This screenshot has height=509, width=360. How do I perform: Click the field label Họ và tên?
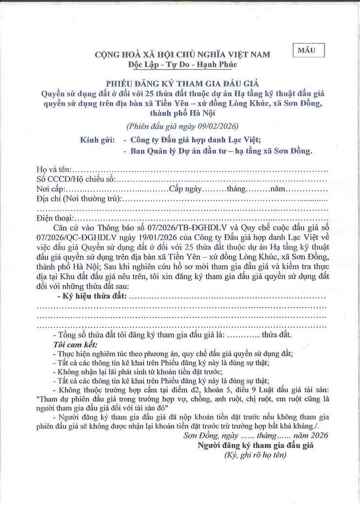(54, 170)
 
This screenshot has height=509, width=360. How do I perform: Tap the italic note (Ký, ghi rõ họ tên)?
(255, 455)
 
